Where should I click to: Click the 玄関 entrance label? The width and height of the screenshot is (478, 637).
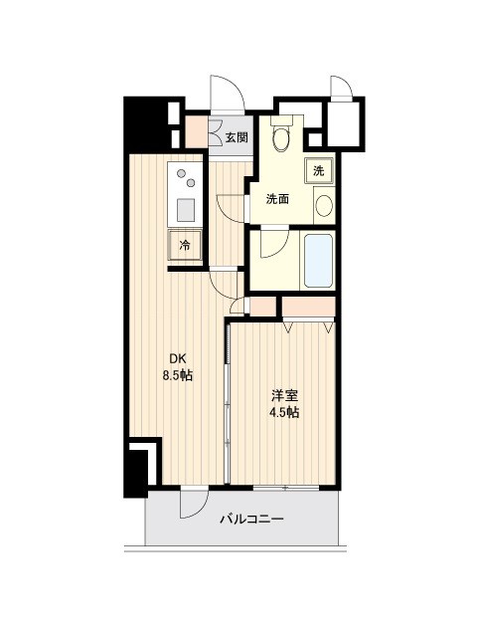(237, 137)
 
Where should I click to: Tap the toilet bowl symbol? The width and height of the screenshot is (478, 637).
(281, 138)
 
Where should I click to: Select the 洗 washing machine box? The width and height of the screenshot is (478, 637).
(319, 171)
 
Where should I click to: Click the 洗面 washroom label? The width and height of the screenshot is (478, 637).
(278, 199)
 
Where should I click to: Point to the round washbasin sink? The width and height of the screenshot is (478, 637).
(324, 206)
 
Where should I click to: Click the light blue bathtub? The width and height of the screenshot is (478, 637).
(319, 261)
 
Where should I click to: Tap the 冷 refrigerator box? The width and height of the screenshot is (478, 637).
(185, 245)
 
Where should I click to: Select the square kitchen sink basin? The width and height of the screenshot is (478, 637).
(186, 210)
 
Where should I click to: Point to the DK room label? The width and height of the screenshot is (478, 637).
(178, 359)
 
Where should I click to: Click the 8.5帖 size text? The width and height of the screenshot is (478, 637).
(177, 376)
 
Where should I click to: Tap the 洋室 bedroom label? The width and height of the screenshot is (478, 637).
(285, 395)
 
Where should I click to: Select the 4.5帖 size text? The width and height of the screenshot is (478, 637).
(284, 413)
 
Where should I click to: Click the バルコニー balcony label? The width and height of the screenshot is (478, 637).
(251, 519)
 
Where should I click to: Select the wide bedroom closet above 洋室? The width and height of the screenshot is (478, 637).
(309, 307)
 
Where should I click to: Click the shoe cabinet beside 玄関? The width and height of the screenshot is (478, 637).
(197, 132)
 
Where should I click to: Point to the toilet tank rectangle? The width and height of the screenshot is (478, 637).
(281, 120)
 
